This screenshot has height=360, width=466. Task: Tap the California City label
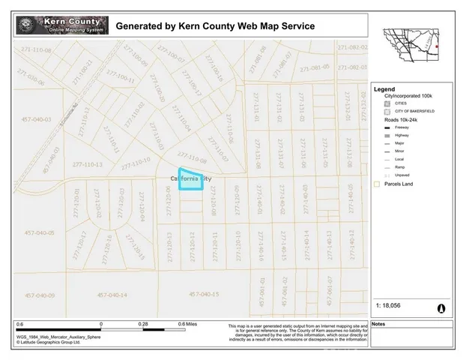pos(186,179)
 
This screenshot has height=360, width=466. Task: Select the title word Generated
pos(142,26)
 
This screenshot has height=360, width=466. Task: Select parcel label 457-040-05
pos(38,232)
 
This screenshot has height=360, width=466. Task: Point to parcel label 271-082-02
pos(352,46)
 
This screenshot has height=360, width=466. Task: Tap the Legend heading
pos(384,89)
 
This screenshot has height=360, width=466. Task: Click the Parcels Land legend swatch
pos(377,183)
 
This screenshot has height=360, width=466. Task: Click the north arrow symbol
pos(441,307)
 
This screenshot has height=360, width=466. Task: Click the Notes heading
pos(378,324)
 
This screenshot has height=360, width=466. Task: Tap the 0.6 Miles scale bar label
pos(187,324)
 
